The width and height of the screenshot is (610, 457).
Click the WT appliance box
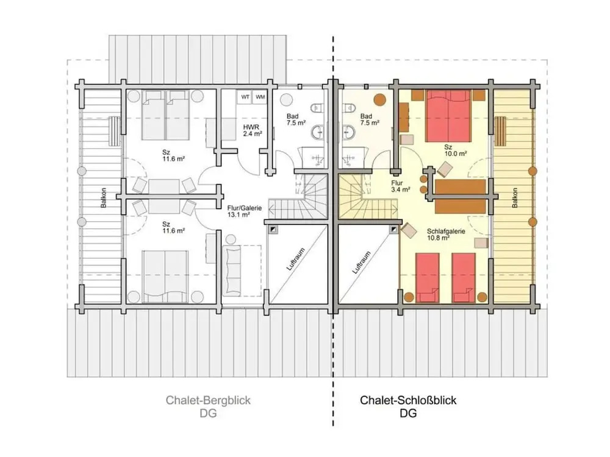pos(245,97)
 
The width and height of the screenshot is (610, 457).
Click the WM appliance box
pos(260,97)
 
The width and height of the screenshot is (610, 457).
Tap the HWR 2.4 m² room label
pos(253,130)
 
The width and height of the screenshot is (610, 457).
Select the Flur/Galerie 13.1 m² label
pos(245,211)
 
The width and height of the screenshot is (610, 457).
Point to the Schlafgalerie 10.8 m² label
pos(445,235)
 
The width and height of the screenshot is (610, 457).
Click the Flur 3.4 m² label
pos(401,186)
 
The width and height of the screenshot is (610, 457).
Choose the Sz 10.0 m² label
pos(455,151)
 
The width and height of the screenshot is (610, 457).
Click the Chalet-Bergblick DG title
pos(208,406)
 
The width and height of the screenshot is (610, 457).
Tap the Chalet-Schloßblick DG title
pos(408,406)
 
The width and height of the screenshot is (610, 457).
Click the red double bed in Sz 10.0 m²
pos(448,116)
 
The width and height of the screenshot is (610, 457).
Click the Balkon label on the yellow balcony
pos(515,198)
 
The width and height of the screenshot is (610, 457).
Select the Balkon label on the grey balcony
pos(104,198)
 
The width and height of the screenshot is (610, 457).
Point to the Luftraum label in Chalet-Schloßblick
pos(361,262)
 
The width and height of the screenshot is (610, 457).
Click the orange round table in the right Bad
pos(379,99)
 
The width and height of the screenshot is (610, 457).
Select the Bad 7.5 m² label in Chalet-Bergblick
pos(296,119)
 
